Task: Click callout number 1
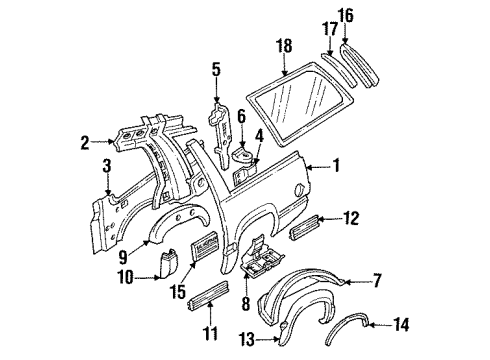pos(336,166)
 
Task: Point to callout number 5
pos(215,69)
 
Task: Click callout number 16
pos(346,17)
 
